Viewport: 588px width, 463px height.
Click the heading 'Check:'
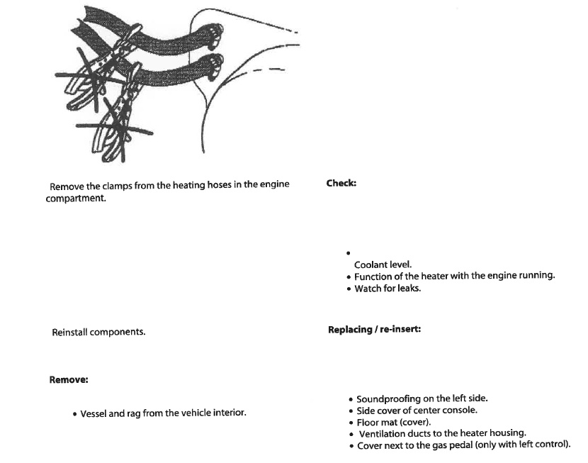coord(341,183)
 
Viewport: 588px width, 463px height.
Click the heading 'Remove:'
coord(68,379)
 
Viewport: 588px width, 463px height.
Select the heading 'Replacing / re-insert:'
coord(374,330)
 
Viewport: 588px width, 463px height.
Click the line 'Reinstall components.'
coord(98,332)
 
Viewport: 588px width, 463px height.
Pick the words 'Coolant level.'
coord(383,264)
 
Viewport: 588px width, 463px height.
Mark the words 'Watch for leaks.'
coord(388,289)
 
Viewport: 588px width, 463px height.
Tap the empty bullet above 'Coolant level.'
coord(349,252)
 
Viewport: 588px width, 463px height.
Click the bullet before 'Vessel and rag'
coord(74,413)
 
